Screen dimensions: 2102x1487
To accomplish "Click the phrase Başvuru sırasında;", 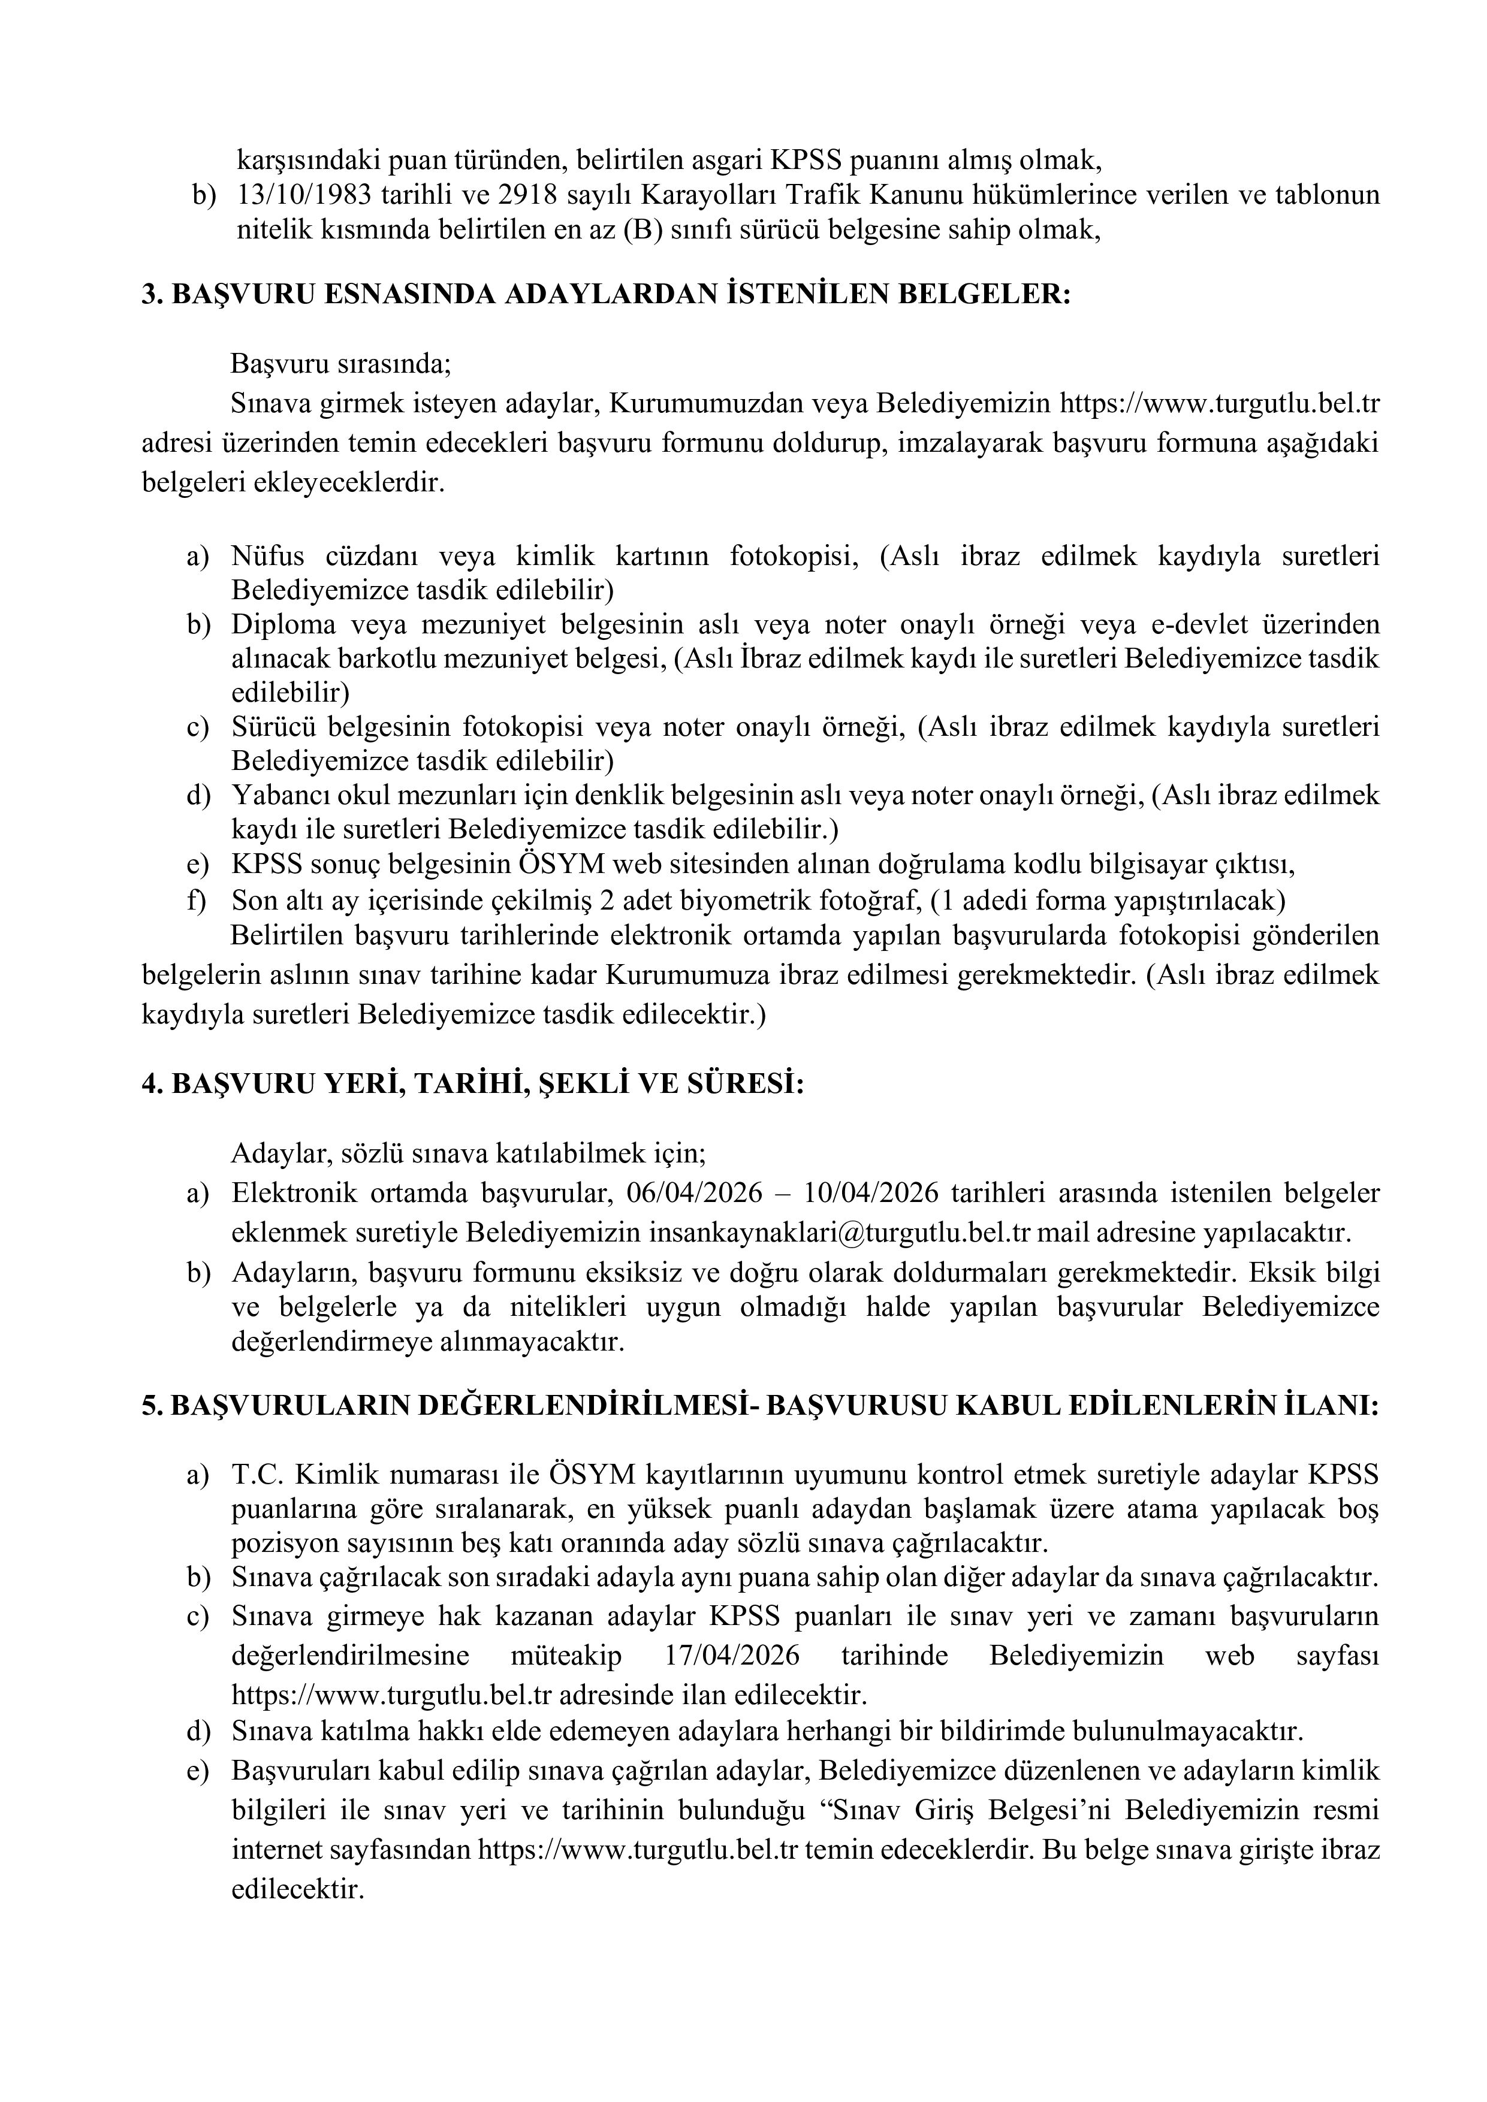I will point(340,364).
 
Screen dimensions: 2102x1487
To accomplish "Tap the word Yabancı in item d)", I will point(276,795).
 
